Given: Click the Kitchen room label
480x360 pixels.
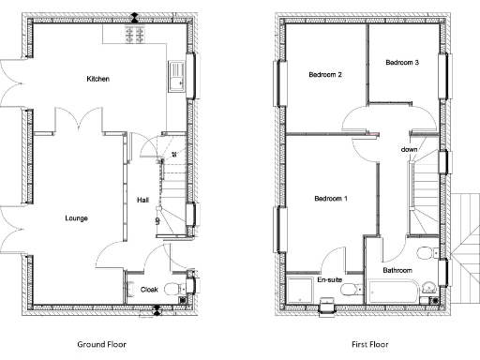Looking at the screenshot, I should pyautogui.click(x=98, y=79).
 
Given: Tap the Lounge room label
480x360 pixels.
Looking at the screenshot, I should pyautogui.click(x=77, y=218).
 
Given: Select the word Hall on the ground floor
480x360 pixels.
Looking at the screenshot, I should pyautogui.click(x=142, y=200).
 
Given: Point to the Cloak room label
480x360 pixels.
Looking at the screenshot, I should pyautogui.click(x=149, y=291).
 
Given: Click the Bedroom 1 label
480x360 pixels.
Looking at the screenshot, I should pyautogui.click(x=331, y=199).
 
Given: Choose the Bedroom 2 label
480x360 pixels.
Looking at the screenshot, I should pyautogui.click(x=325, y=75).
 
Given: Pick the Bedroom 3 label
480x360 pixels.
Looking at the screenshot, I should pyautogui.click(x=402, y=62).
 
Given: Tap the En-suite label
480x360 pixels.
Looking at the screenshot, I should pyautogui.click(x=328, y=279).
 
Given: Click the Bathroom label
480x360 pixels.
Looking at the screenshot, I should pyautogui.click(x=399, y=271).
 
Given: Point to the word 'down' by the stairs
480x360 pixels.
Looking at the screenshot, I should pyautogui.click(x=409, y=150).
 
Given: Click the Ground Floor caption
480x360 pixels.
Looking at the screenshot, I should pyautogui.click(x=101, y=344).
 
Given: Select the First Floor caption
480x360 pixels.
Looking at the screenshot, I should pyautogui.click(x=368, y=344).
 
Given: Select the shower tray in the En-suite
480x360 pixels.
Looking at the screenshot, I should pyautogui.click(x=300, y=290).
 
